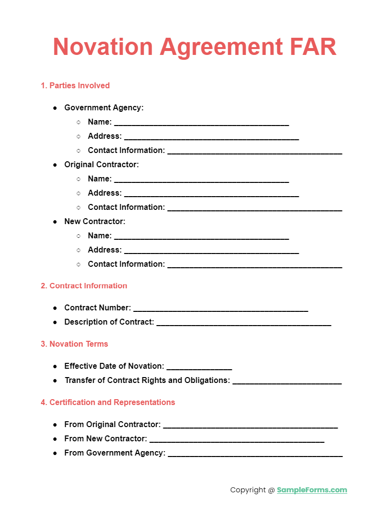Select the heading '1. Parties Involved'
[75, 85]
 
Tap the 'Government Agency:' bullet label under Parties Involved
[104, 108]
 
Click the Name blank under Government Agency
[201, 123]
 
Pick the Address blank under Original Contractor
[211, 194]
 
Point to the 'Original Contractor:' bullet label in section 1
[101, 165]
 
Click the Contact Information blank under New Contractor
[254, 265]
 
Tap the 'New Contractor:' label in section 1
[95, 222]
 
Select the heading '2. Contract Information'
[84, 286]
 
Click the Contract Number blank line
[221, 309]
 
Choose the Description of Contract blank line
[244, 323]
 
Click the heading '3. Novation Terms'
[74, 344]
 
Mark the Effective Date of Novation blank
[199, 367]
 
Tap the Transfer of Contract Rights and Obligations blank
[287, 381]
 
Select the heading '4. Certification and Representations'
[108, 403]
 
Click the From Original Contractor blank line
[250, 426]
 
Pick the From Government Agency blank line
[255, 454]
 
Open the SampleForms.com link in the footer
[312, 490]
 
